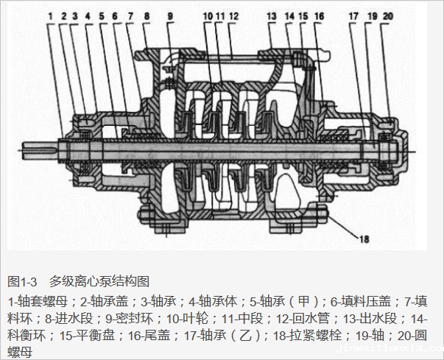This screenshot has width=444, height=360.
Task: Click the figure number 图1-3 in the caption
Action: coord(22,280)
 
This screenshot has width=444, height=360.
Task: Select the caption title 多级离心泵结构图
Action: coord(99,280)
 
